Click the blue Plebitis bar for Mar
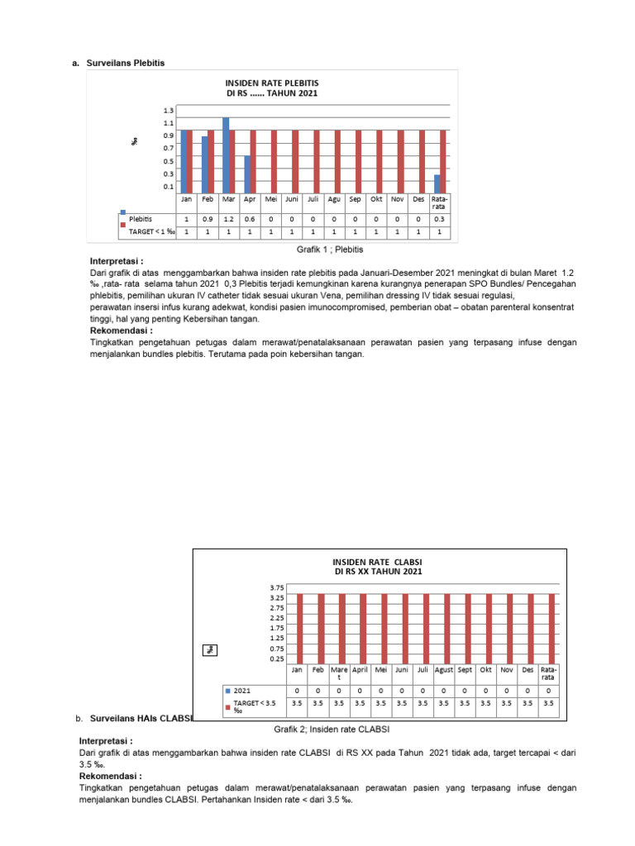pyautogui.click(x=226, y=154)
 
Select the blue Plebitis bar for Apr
pyautogui.click(x=247, y=173)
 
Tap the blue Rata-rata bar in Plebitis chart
pyautogui.click(x=437, y=183)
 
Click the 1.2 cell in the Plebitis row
pyautogui.click(x=228, y=219)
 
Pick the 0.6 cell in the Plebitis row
pyautogui.click(x=249, y=219)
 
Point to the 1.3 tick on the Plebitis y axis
pyautogui.click(x=169, y=110)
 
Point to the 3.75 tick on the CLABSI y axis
pyautogui.click(x=276, y=587)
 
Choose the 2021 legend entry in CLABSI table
pyautogui.click(x=241, y=690)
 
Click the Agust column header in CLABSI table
pyautogui.click(x=444, y=670)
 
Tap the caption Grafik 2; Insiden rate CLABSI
pyautogui.click(x=331, y=729)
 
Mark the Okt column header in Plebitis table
pyautogui.click(x=377, y=199)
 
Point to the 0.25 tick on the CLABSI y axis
pyautogui.click(x=276, y=658)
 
